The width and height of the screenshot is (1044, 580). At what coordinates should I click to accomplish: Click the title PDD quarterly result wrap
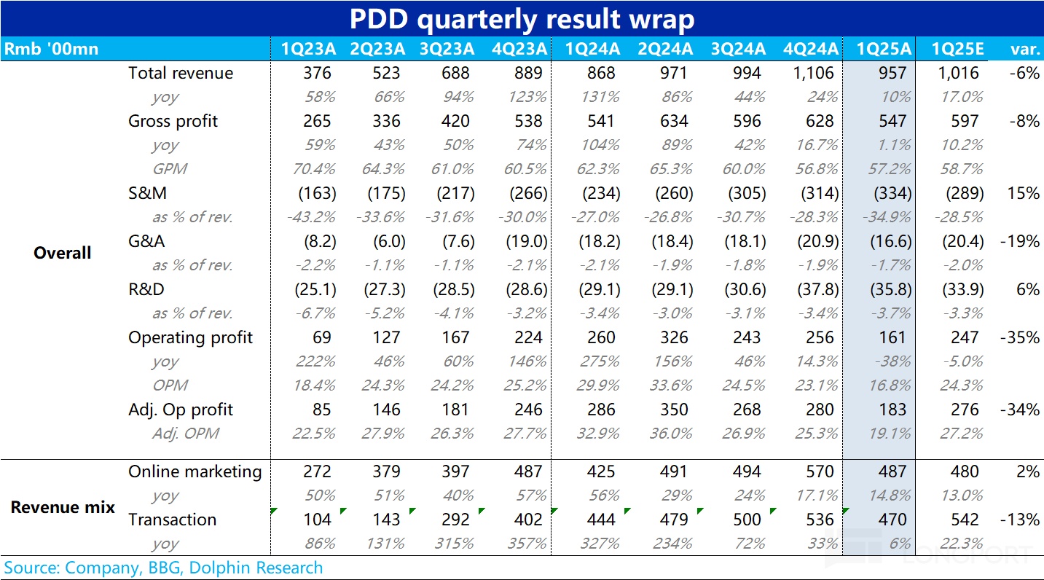[522, 19]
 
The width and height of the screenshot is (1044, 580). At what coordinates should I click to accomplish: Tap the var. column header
[1024, 49]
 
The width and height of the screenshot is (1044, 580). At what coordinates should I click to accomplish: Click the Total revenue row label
[181, 73]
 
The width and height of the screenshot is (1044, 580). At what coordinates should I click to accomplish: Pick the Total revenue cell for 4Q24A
[811, 73]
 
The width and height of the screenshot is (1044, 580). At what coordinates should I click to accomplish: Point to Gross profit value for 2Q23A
[385, 121]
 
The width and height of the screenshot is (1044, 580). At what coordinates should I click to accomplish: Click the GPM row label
[170, 169]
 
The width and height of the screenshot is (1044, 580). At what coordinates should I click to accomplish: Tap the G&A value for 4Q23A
[526, 241]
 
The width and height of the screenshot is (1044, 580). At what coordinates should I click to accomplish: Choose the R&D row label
[146, 289]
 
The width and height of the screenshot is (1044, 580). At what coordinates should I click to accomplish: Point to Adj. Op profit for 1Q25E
[965, 409]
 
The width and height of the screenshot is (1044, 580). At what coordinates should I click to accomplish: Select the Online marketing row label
[195, 471]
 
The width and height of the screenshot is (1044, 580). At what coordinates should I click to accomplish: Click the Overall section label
[63, 253]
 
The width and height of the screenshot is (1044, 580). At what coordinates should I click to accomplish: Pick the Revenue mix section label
[63, 507]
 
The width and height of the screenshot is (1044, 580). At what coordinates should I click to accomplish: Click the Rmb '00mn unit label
[51, 49]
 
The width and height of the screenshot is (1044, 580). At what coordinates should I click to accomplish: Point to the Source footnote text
[163, 568]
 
